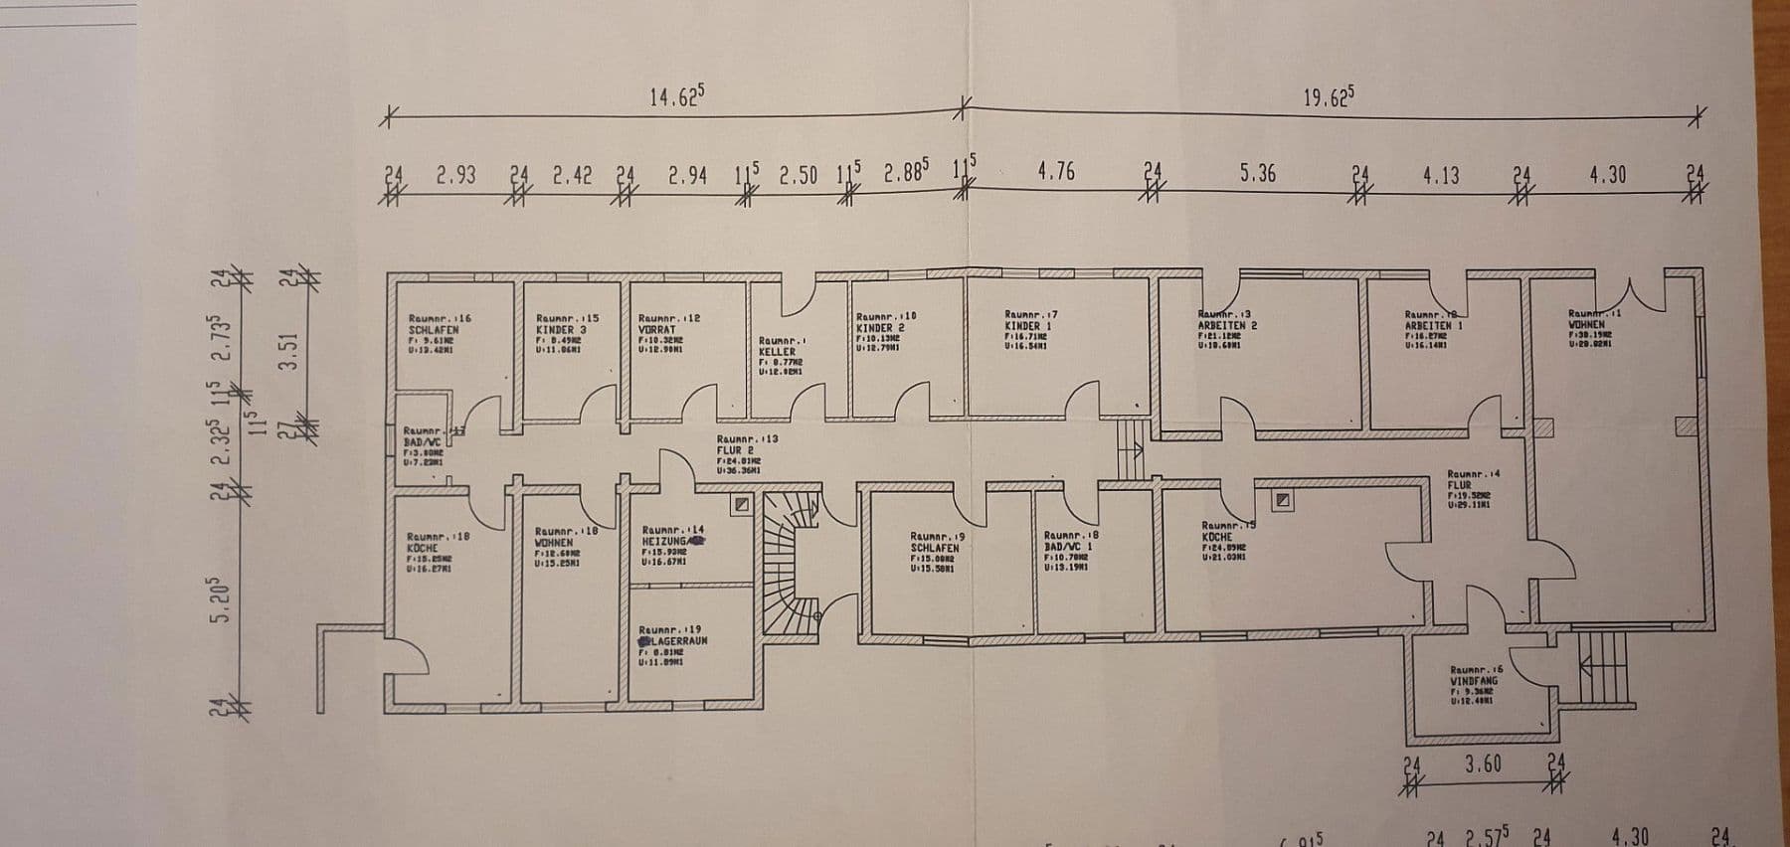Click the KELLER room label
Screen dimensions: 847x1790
tap(777, 352)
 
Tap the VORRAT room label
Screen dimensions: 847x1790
tap(656, 329)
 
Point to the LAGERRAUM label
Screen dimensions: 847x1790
tap(675, 641)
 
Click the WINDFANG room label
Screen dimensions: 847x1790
tap(1473, 681)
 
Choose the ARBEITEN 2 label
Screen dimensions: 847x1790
tap(1227, 325)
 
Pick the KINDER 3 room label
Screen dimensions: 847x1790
tap(561, 329)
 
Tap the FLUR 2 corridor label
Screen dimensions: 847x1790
tap(737, 449)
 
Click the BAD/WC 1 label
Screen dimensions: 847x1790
tap(1068, 546)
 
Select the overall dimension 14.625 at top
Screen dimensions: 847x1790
tap(676, 96)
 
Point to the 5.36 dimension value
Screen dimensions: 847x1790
tap(1257, 174)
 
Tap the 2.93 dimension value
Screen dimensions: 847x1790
tap(455, 176)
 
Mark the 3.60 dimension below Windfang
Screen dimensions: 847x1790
tap(1483, 764)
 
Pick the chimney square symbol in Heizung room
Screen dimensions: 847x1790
tap(740, 505)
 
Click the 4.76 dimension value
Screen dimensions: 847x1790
tap(1055, 172)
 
